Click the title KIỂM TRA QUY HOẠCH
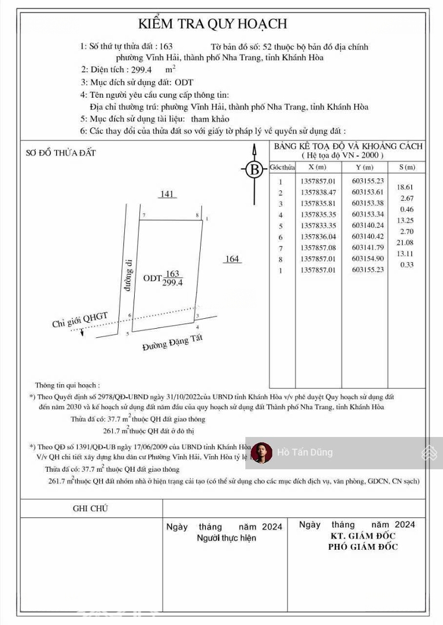coord(212,24)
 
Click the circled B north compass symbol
coord(253,170)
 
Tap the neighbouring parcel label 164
coord(232,259)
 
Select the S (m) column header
coord(407,167)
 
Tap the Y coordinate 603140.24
coord(368,225)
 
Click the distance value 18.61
coord(405,187)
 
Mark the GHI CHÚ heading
coord(90,508)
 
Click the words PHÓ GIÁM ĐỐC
coord(363,547)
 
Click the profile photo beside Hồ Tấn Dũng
coord(262,453)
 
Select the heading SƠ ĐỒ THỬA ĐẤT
coord(61,153)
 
